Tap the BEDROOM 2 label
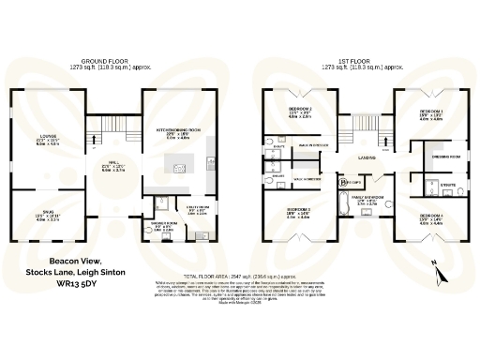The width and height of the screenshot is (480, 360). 300,109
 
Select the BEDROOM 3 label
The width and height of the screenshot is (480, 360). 299,210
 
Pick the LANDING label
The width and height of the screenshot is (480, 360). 367,158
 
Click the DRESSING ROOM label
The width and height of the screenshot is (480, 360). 438,157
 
